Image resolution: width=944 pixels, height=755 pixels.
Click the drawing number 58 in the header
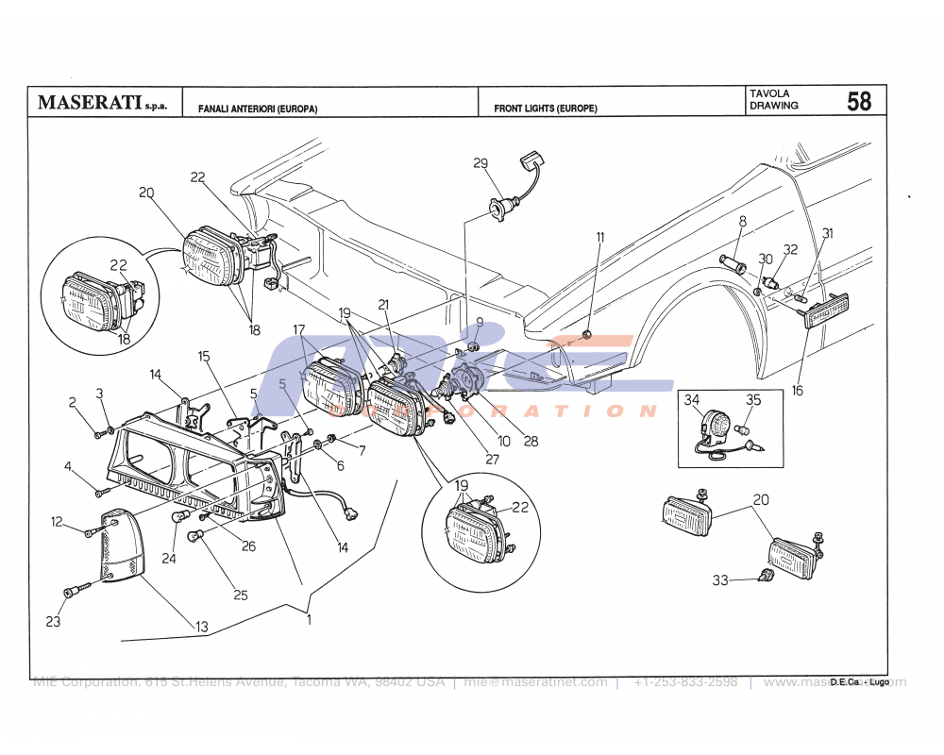pos(859,101)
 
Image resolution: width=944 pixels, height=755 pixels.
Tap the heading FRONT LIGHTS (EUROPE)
pos(545,109)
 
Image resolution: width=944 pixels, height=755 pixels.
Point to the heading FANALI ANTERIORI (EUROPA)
pos(257,109)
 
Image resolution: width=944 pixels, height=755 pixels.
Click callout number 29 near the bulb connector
pos(480,163)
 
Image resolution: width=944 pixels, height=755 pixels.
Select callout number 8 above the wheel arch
pos(742,221)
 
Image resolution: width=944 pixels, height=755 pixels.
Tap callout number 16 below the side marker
pos(798,390)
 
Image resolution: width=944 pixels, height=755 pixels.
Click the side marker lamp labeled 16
pos(827,310)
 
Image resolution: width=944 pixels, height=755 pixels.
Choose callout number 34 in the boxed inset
pos(692,399)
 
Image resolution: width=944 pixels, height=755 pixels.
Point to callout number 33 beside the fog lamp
pos(720,580)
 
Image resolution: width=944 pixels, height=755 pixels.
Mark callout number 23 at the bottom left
pos(53,622)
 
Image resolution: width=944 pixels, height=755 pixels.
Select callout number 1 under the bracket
pos(308,620)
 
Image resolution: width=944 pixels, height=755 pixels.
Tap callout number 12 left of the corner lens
pos(57,521)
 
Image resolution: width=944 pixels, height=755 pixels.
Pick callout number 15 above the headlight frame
pos(204,356)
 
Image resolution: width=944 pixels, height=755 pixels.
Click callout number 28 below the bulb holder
pos(531,441)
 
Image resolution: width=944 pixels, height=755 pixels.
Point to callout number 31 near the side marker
pos(827,233)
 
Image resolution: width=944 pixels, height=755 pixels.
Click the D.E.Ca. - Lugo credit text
pos(860,680)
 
